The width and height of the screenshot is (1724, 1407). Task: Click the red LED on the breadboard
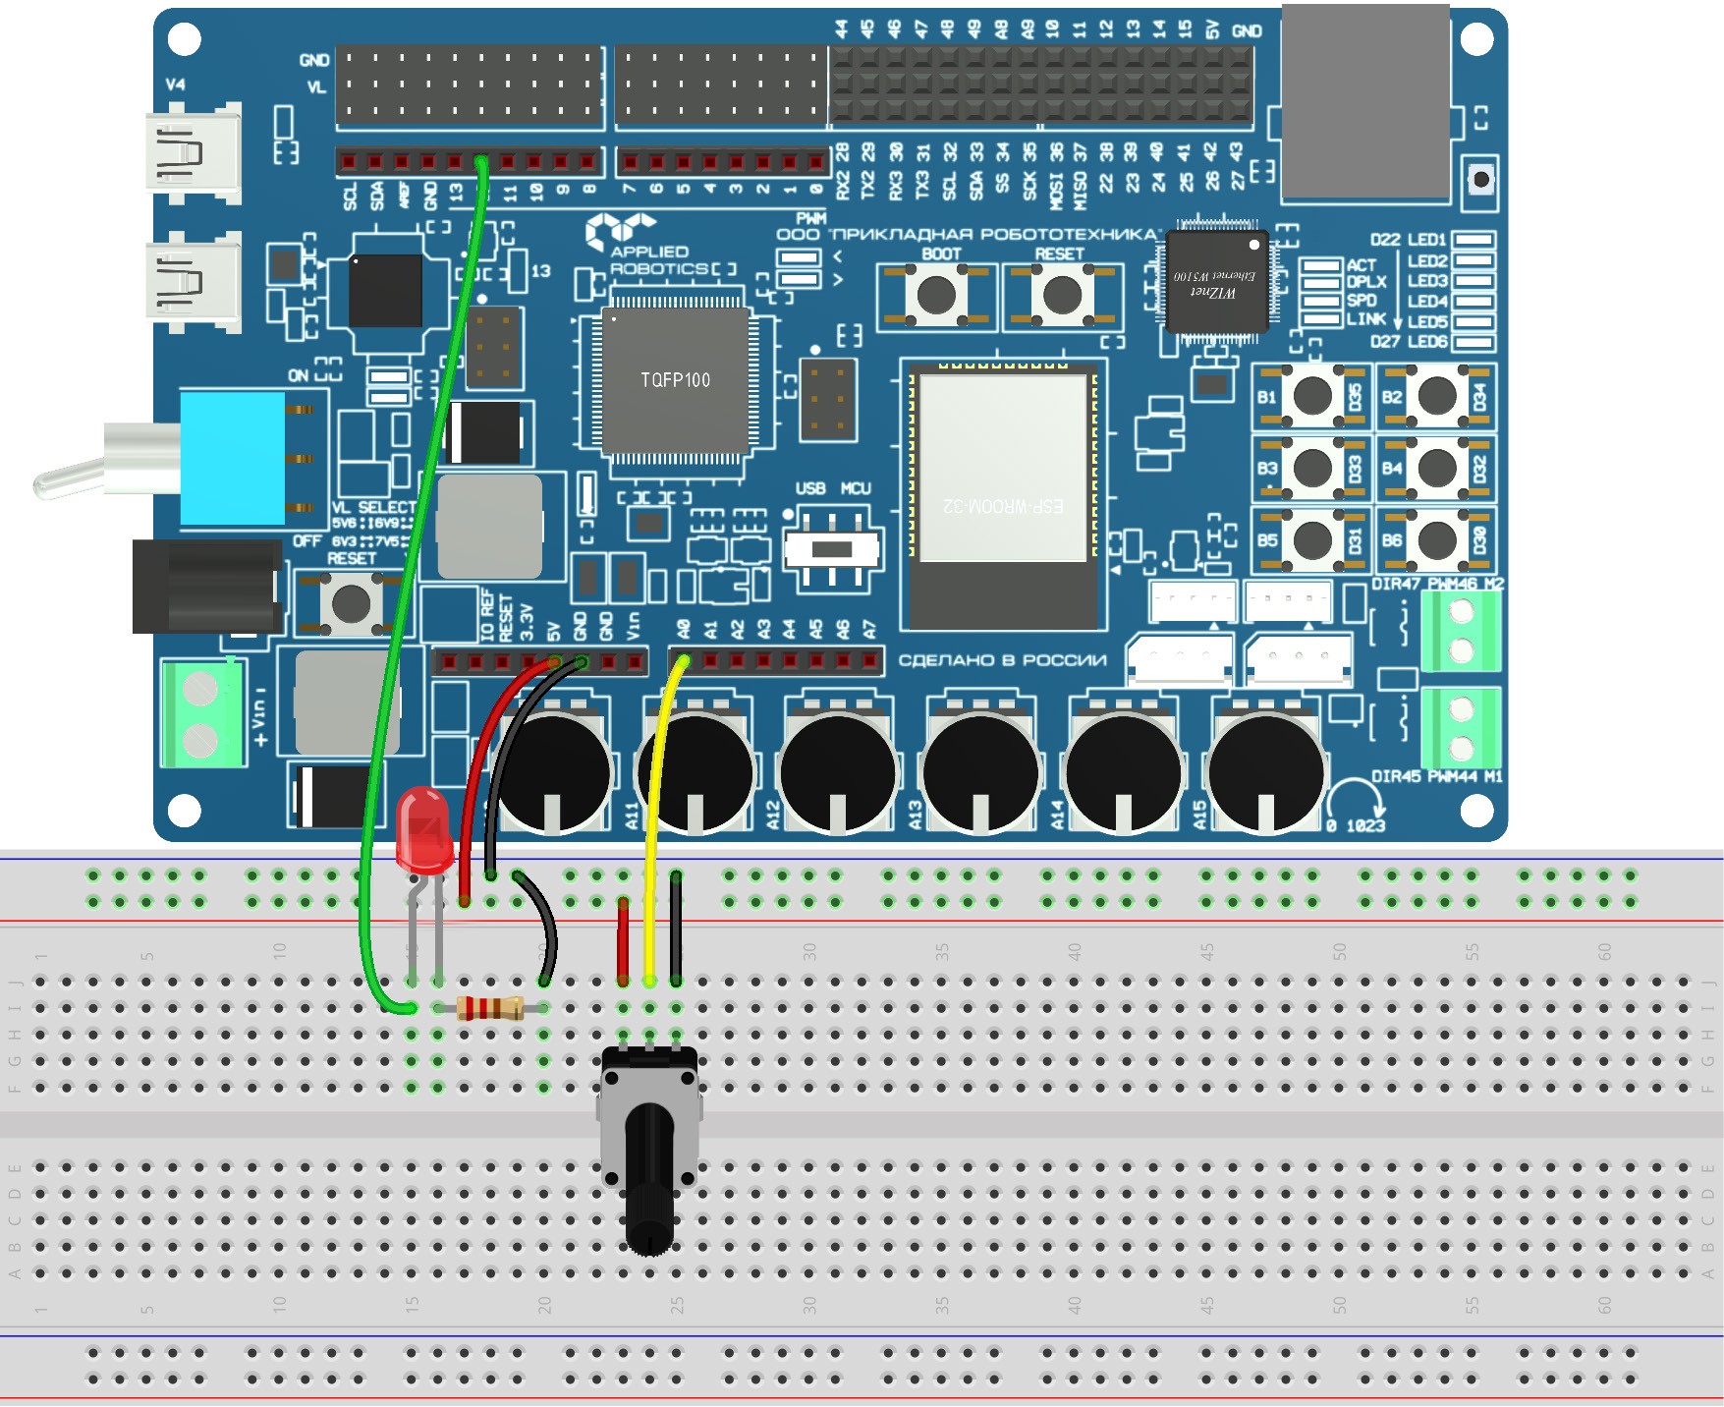point(423,830)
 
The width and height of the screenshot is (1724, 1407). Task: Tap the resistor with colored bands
point(490,1008)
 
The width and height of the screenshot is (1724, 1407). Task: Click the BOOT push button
point(935,294)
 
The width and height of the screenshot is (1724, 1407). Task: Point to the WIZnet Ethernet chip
point(1215,282)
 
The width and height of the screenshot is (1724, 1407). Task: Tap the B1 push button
point(1312,396)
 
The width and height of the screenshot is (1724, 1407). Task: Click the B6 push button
point(1436,539)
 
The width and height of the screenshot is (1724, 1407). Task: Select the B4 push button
point(1436,468)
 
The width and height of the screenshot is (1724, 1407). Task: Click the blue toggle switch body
point(234,458)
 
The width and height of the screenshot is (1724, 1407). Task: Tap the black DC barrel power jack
point(206,586)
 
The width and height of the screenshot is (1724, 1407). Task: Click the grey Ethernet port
point(1365,102)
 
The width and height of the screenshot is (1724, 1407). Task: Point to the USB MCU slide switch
point(832,549)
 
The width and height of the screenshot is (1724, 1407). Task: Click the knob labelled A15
point(1267,772)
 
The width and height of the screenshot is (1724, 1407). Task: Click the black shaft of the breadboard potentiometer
point(650,1179)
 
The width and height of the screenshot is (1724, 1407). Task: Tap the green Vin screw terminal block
point(203,712)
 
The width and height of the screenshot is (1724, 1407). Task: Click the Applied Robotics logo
point(648,246)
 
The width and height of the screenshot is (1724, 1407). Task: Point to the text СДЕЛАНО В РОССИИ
point(1002,660)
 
